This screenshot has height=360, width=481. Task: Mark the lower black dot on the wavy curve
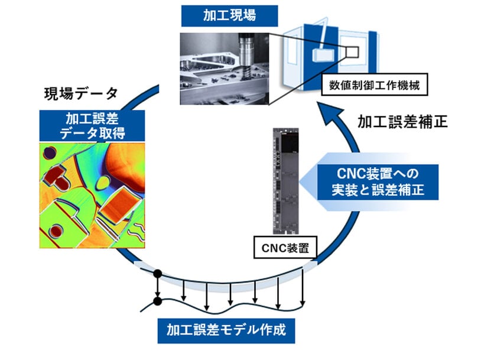point(158,302)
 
